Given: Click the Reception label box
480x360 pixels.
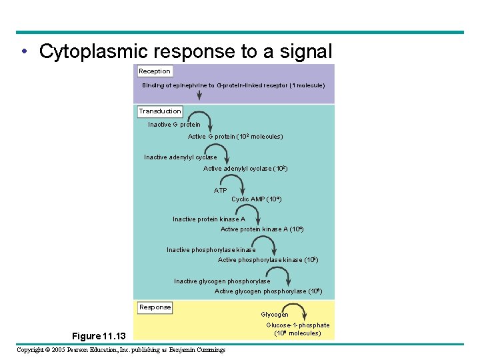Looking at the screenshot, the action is click(155, 71).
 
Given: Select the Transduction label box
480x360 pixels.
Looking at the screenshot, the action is click(160, 111).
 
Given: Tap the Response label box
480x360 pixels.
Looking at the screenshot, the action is click(155, 307).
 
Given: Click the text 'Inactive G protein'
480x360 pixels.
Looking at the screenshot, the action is click(174, 125).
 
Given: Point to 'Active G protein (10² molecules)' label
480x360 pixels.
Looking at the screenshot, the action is click(235, 137).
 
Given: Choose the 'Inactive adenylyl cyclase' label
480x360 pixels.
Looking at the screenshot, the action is click(181, 157).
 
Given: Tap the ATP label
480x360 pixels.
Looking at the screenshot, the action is click(221, 191).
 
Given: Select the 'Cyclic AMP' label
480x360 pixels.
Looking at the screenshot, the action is click(257, 199).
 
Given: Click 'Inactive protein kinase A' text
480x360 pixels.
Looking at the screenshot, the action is click(209, 219).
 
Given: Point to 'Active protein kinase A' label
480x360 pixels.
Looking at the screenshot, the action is click(262, 229).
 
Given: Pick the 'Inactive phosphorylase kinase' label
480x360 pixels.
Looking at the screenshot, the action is click(211, 250).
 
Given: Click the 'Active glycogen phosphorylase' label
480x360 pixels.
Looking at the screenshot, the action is click(261, 291).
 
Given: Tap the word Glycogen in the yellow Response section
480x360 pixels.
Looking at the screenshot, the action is click(275, 315).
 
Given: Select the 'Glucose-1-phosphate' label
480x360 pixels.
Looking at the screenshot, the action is click(297, 325).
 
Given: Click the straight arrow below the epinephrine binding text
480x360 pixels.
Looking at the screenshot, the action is click(199, 95).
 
